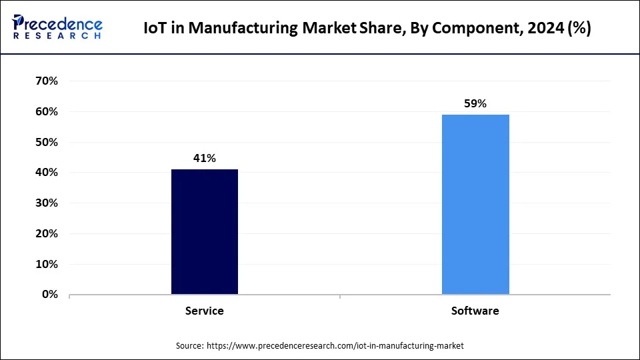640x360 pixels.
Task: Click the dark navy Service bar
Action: coord(205,231)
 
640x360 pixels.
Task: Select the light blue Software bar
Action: coord(475,204)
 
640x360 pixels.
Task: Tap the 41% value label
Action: coord(205,158)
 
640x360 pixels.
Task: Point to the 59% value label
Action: coord(475,103)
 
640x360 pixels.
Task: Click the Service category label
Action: coord(205,311)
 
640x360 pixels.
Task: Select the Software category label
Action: coord(475,311)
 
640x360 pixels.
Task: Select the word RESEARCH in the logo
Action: coord(56,35)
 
